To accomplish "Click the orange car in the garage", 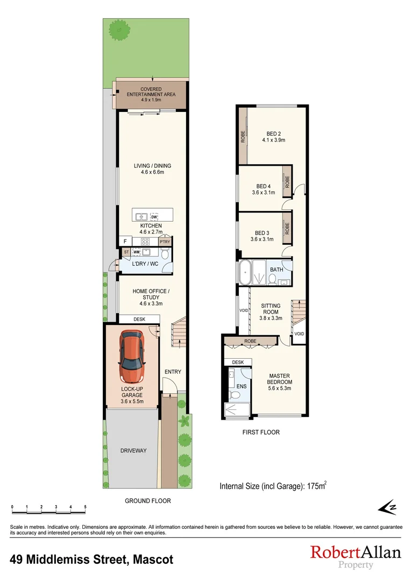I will (132, 357).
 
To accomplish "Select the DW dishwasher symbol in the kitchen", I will (154, 217).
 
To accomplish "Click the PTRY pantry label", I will (164, 243).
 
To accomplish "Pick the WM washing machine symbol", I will (137, 252).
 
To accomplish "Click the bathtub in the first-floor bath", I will (246, 273).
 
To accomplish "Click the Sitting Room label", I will (271, 309).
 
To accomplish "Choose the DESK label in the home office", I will (139, 319).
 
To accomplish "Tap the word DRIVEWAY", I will (133, 451).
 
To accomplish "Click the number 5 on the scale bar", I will (85, 507).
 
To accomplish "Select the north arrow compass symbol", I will (387, 507).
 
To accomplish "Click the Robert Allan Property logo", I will (356, 556).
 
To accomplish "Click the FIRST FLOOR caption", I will (261, 432).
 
